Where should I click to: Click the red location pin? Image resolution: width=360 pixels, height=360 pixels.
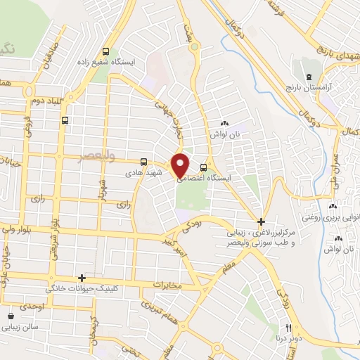(181, 165)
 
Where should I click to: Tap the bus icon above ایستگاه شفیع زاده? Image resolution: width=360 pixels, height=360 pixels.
(106, 51)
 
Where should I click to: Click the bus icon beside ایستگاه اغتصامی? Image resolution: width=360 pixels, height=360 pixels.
(204, 167)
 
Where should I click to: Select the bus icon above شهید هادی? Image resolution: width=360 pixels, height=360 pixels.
(143, 161)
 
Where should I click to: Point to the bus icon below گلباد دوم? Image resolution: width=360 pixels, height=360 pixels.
(65, 120)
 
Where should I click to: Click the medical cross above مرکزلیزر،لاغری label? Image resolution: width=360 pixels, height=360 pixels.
(261, 221)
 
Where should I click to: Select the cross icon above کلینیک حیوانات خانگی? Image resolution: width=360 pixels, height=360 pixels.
(82, 278)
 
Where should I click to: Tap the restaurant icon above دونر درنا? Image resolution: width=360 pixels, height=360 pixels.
(288, 327)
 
